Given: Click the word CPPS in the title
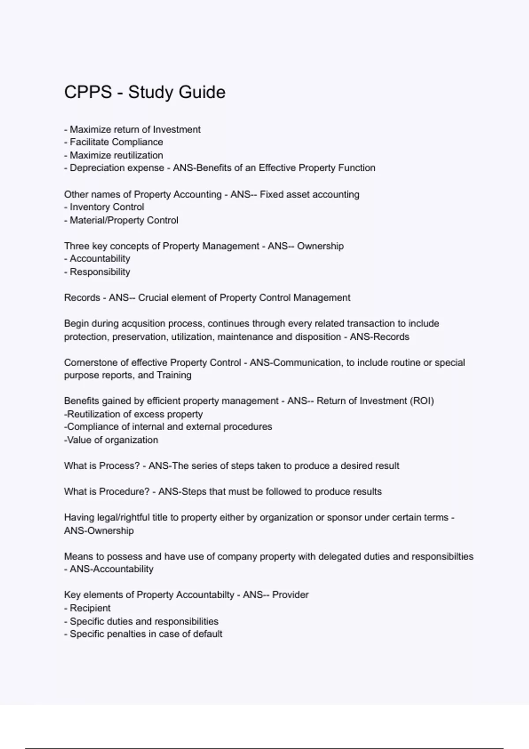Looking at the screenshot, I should (88, 93).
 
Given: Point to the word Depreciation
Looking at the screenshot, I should (95, 168).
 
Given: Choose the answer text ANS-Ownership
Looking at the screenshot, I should (99, 530).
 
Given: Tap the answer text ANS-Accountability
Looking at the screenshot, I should (112, 569).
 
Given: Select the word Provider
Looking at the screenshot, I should (290, 595).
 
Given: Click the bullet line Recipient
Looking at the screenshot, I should (90, 608).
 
